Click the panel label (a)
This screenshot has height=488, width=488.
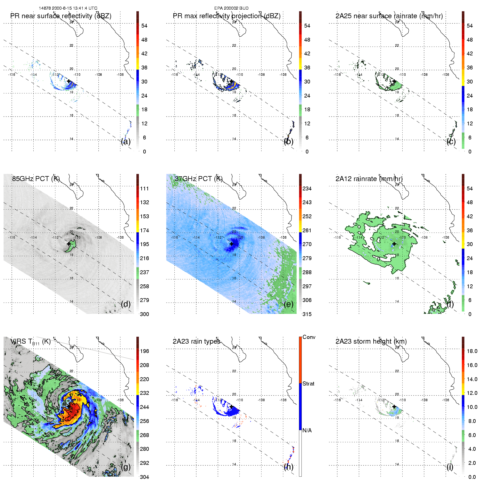126,142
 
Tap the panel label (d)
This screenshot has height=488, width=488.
126,304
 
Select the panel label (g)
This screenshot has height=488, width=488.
126,467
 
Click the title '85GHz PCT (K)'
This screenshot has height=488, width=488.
36,179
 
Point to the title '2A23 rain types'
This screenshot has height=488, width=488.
196,341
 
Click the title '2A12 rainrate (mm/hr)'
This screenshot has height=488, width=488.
369,179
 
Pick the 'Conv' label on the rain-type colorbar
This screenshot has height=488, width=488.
309,337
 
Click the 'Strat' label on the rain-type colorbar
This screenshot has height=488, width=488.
308,384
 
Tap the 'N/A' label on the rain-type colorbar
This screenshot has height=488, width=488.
307,430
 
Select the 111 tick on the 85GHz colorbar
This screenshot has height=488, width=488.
144,188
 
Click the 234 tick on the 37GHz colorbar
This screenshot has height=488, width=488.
307,188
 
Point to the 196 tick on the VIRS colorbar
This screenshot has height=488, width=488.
144,351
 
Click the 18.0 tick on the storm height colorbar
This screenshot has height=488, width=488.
472,351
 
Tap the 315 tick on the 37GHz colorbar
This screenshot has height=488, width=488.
307,314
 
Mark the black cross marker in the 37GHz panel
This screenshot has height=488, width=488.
231,244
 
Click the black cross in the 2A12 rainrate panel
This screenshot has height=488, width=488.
394,244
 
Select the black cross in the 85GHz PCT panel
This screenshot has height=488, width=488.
69,244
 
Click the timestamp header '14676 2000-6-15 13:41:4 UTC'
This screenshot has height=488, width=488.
68,8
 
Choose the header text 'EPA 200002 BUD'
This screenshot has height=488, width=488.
231,8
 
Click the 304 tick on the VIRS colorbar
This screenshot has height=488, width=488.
144,477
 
